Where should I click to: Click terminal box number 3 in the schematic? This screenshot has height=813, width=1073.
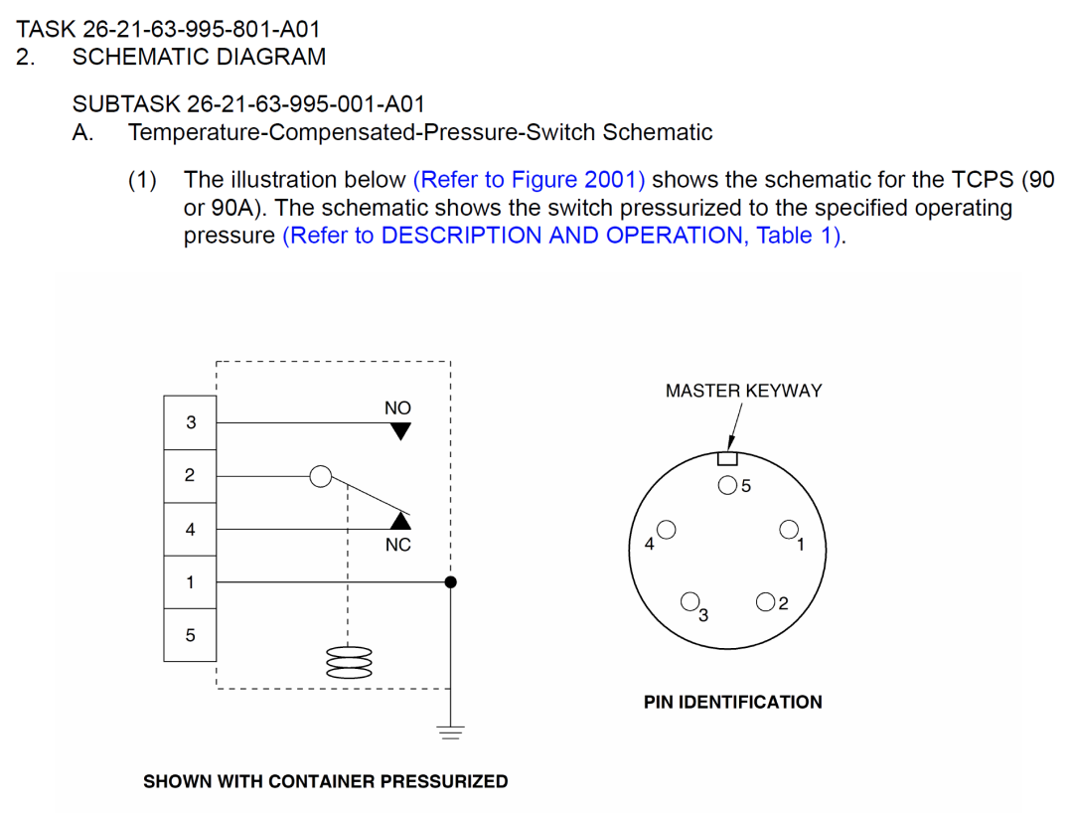point(190,422)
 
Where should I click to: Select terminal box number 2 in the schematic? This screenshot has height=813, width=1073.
point(190,475)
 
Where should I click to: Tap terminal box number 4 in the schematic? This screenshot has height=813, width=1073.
point(190,529)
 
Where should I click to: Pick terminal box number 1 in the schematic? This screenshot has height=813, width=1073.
point(190,581)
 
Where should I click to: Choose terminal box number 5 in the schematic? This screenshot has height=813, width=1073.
point(190,634)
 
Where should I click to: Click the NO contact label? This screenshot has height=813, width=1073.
point(397,407)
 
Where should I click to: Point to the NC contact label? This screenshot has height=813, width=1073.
point(397,545)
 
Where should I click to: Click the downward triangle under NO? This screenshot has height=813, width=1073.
point(399,431)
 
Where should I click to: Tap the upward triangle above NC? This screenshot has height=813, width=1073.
point(399,521)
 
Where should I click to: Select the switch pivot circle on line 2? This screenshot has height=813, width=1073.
point(320,476)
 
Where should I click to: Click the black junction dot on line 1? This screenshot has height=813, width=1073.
point(450,581)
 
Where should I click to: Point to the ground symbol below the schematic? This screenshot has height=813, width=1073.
point(451,733)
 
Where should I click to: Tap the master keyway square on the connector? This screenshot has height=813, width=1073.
point(727,458)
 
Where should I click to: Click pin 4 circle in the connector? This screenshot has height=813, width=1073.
point(667,529)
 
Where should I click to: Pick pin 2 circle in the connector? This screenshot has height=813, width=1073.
point(766,600)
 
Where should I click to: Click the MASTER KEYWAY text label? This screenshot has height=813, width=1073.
point(743,391)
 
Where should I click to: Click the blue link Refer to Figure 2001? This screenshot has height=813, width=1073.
point(529,180)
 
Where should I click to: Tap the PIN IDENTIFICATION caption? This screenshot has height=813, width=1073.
point(732,702)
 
